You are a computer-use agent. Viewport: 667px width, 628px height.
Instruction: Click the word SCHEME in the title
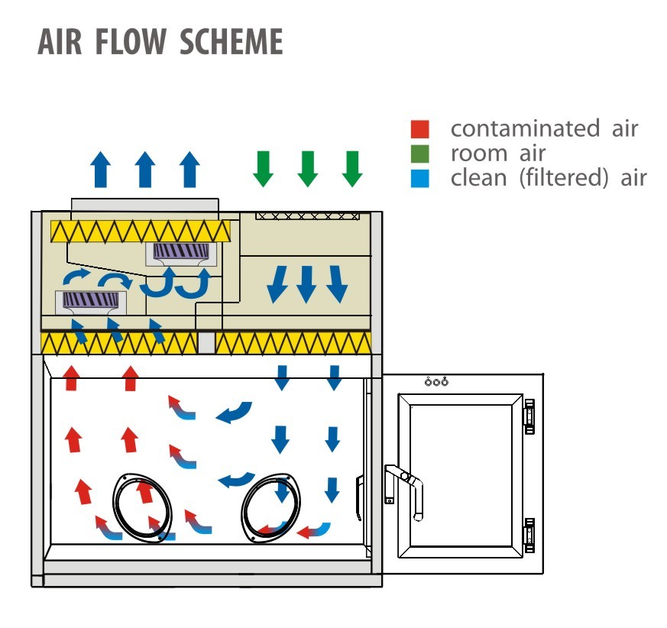click(x=232, y=43)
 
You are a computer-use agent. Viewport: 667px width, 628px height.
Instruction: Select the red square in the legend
click(x=420, y=128)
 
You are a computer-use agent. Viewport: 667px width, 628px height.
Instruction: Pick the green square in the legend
click(x=420, y=154)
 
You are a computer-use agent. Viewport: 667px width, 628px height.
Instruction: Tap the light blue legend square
click(x=420, y=179)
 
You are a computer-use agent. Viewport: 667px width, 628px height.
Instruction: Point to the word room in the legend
click(x=479, y=154)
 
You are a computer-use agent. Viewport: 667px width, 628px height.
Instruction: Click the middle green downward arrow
click(x=307, y=168)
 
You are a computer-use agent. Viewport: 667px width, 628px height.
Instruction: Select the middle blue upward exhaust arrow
click(x=145, y=169)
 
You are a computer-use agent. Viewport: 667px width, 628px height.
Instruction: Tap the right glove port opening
click(x=272, y=507)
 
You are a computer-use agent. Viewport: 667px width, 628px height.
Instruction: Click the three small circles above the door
click(x=436, y=382)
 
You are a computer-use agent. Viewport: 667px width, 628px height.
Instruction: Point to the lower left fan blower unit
click(x=90, y=302)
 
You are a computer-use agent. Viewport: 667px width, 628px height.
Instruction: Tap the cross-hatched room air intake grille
click(x=307, y=215)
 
